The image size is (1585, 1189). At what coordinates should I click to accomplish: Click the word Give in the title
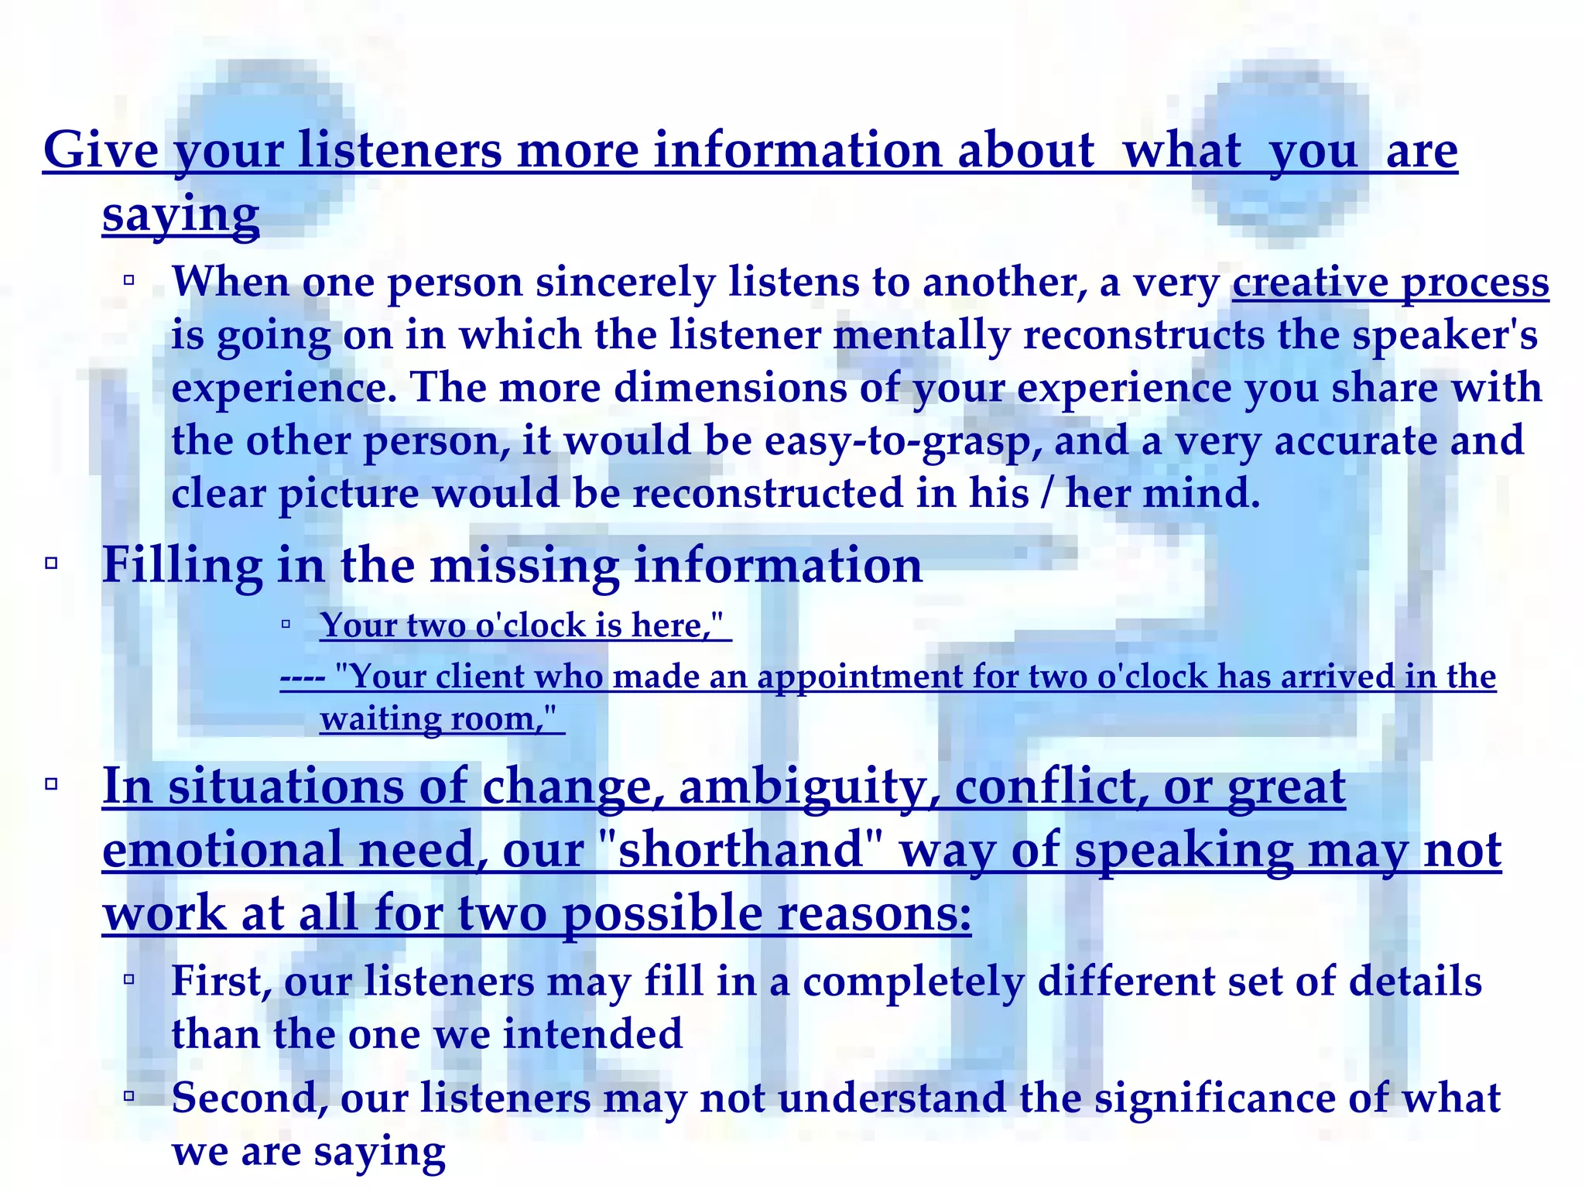(x=101, y=149)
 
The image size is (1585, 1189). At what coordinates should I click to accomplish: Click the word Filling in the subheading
(x=183, y=566)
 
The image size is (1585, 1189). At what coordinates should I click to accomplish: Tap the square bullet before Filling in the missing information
(x=52, y=563)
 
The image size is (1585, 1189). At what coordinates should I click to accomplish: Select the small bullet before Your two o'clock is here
(x=286, y=623)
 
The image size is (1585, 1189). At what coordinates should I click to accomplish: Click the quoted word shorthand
(x=741, y=850)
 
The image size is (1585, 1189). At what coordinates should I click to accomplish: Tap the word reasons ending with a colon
(x=874, y=913)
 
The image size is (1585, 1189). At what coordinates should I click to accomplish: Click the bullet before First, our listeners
(x=129, y=980)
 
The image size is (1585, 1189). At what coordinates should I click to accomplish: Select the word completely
(x=913, y=982)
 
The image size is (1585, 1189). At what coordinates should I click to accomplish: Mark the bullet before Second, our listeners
(x=129, y=1095)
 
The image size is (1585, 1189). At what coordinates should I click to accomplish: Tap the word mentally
(x=922, y=336)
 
